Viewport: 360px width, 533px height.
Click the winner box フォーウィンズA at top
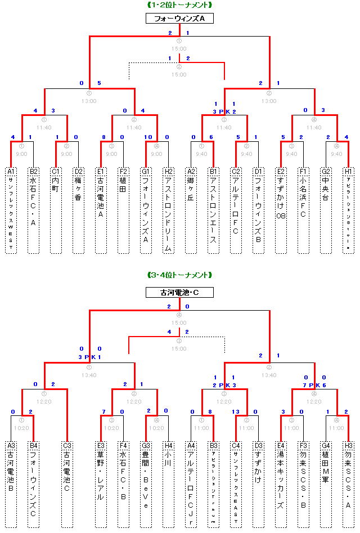pyautogui.click(x=179, y=19)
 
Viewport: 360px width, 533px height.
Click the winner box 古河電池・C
pyautogui.click(x=179, y=293)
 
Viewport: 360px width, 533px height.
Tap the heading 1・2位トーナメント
pyautogui.click(x=179, y=5)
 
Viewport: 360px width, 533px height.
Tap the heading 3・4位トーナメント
pyautogui.click(x=179, y=275)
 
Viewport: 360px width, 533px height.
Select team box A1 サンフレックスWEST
pyautogui.click(x=11, y=209)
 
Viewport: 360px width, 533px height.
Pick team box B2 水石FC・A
pyautogui.click(x=33, y=209)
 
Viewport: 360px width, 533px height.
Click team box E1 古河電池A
pyautogui.click(x=101, y=209)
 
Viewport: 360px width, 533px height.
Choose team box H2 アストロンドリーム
pyautogui.click(x=168, y=209)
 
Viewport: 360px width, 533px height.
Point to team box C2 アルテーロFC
pyautogui.click(x=236, y=209)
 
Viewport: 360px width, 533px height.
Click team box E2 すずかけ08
pyautogui.click(x=281, y=209)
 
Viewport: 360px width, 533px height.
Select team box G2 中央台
pyautogui.click(x=326, y=209)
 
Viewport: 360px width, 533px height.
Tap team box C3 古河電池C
pyautogui.click(x=67, y=484)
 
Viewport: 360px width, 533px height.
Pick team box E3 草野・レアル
pyautogui.click(x=101, y=484)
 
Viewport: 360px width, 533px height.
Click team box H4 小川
pyautogui.click(x=168, y=484)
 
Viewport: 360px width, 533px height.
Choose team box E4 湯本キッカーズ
pyautogui.click(x=281, y=484)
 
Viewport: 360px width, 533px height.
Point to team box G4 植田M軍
pyautogui.click(x=326, y=484)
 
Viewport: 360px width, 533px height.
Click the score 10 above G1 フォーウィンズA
pyautogui.click(x=148, y=137)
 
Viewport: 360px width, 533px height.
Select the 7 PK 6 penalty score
pyautogui.click(x=314, y=384)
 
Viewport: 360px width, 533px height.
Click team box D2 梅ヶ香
pyautogui.click(x=78, y=209)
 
